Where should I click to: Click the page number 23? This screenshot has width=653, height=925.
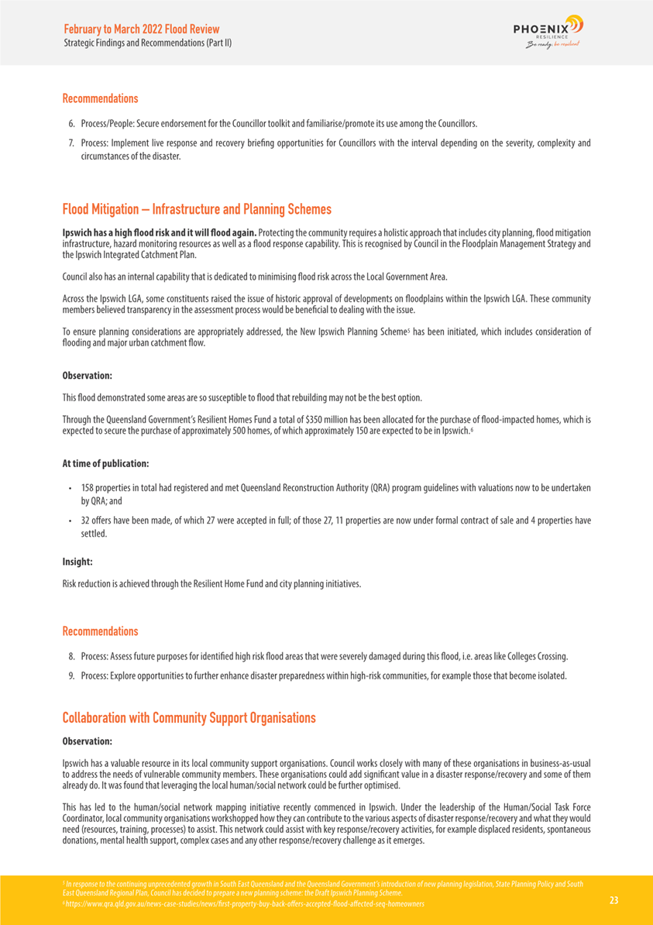613,900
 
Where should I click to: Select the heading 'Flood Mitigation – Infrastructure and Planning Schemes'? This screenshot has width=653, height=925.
197,209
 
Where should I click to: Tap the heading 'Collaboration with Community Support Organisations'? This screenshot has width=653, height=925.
189,717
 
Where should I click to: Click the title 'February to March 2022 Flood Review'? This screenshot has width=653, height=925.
142,29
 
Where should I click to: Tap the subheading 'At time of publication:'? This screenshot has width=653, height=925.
105,463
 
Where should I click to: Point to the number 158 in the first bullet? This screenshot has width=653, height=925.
88,488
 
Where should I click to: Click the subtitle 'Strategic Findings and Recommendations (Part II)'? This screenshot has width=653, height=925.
147,43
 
